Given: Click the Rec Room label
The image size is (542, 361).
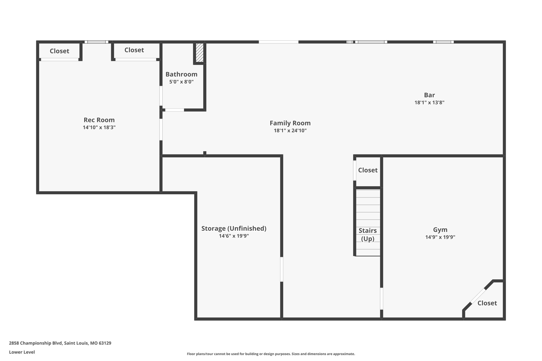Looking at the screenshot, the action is pyautogui.click(x=99, y=120).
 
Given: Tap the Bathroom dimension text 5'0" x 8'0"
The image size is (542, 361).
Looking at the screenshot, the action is pyautogui.click(x=182, y=82).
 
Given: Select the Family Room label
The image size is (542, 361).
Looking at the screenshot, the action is pyautogui.click(x=290, y=123).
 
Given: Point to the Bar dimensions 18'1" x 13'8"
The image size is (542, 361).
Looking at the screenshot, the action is pyautogui.click(x=429, y=103).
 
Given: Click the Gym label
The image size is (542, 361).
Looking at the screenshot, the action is pyautogui.click(x=440, y=230).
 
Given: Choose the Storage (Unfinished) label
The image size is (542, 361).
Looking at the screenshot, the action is pyautogui.click(x=234, y=229).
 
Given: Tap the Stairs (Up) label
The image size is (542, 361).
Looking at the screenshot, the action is pyautogui.click(x=368, y=235).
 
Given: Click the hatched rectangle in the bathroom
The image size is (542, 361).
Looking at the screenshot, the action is pyautogui.click(x=200, y=53).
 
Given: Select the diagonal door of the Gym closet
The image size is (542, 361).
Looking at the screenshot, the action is pyautogui.click(x=478, y=296).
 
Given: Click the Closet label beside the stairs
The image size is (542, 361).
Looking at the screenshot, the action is pyautogui.click(x=368, y=170).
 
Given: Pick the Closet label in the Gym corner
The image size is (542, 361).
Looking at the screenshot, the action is pyautogui.click(x=487, y=303).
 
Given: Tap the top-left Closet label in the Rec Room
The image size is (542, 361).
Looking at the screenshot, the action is pyautogui.click(x=60, y=51).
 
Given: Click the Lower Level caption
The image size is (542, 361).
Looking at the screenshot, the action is pyautogui.click(x=22, y=352).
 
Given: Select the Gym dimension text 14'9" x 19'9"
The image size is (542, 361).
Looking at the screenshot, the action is pyautogui.click(x=440, y=237).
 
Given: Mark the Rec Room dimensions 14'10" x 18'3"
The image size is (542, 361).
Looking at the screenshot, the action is pyautogui.click(x=99, y=127).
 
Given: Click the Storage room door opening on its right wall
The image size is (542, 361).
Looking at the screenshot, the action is pyautogui.click(x=282, y=269).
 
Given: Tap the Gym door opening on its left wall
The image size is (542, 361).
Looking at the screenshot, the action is pyautogui.click(x=381, y=299).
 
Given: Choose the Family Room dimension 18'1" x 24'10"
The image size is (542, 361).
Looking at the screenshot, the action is pyautogui.click(x=290, y=131).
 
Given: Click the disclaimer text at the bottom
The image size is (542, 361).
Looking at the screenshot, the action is pyautogui.click(x=271, y=354).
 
